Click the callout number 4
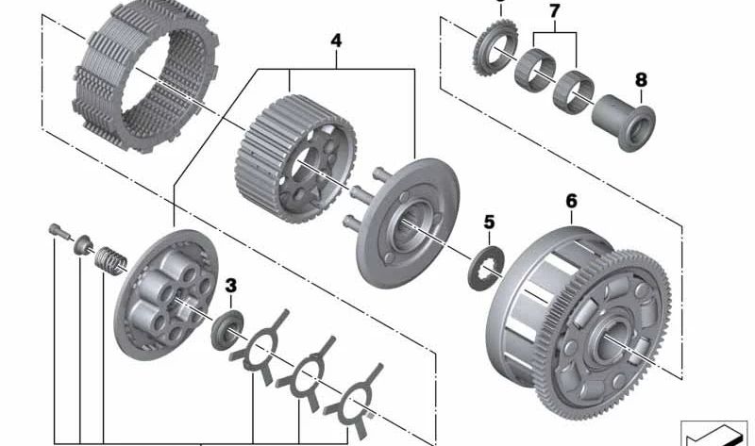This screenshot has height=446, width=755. pyautogui.click(x=335, y=41)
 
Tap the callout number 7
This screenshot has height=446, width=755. pyautogui.click(x=554, y=10)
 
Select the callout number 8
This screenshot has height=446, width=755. pyautogui.click(x=641, y=81)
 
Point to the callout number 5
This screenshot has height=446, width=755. pyautogui.click(x=489, y=223)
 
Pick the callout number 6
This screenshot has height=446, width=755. pyautogui.click(x=571, y=201)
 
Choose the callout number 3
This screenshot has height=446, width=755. pyautogui.click(x=231, y=284)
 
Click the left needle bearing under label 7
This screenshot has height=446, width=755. pyautogui.click(x=534, y=68)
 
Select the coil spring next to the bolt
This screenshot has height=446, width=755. pyautogui.click(x=111, y=256)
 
